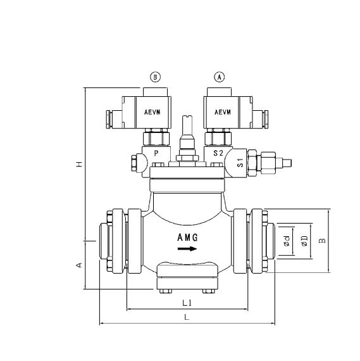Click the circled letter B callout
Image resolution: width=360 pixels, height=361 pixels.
coord(155,77)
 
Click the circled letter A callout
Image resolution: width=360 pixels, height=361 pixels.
coord(220,77)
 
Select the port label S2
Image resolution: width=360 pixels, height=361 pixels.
coord(218,153)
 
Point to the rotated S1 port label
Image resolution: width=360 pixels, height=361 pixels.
coord(240,161)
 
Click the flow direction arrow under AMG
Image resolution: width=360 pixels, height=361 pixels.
coord(187,249)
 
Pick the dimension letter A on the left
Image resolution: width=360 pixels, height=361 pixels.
coord(79,265)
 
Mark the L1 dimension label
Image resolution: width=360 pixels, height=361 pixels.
coord(187,303)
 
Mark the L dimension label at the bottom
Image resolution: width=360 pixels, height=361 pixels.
coord(187,317)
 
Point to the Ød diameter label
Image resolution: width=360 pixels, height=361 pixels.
coord(287,241)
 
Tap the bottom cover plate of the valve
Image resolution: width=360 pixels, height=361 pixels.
coord(187,273)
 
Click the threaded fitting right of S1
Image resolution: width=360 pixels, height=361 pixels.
coord(269,162)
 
